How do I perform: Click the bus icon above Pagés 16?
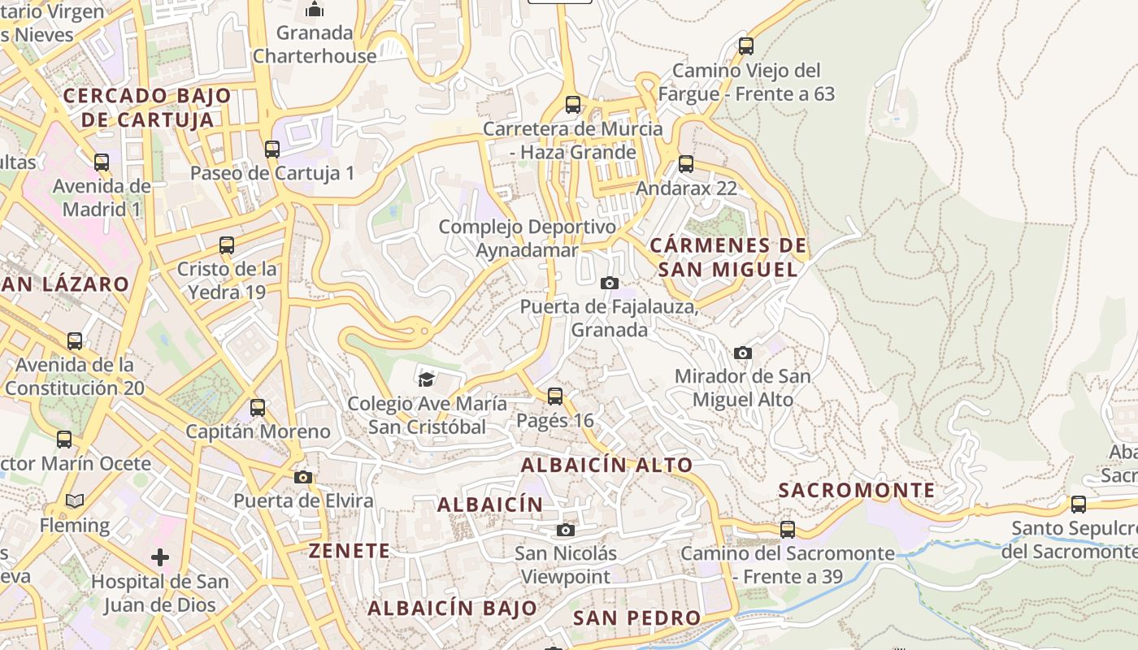coord(555,396)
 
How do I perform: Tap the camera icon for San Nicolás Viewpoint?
coord(566,531)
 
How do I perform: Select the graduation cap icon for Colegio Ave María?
coord(426,379)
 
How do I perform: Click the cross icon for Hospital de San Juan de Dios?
coord(160,557)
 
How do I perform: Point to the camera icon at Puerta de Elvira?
coord(303,477)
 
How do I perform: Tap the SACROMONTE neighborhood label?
coord(857,491)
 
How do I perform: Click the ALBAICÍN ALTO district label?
coord(606,466)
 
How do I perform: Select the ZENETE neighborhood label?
coord(350,551)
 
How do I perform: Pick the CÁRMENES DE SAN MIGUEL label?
coord(729,258)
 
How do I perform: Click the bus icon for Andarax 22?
coord(686,164)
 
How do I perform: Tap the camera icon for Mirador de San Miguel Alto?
coord(743,353)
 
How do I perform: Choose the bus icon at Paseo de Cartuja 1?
coord(272,149)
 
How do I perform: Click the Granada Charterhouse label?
coord(315,45)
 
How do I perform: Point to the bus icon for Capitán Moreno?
coord(258,408)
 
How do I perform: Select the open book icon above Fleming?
coord(75,501)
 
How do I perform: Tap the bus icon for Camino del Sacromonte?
coord(788,530)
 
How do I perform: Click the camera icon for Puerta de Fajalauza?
coord(610,283)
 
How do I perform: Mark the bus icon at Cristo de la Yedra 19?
coord(227,245)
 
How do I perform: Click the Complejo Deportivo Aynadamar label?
coord(528,238)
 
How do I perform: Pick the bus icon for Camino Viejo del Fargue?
coord(746,46)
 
